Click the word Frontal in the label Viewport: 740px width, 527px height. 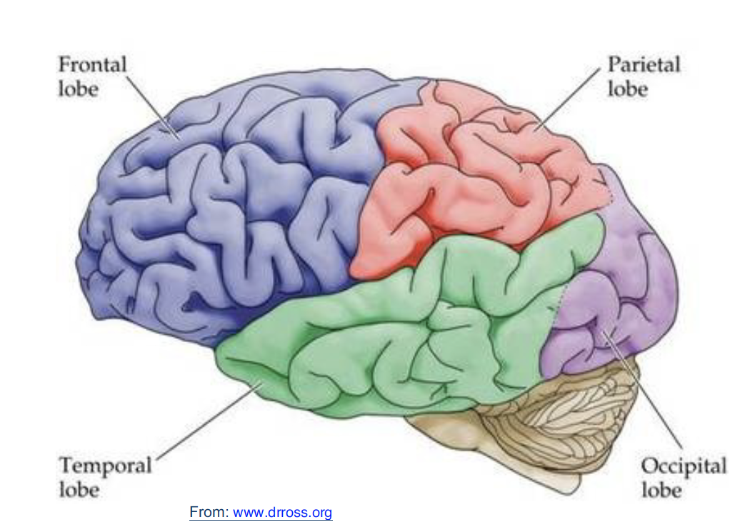click(91, 64)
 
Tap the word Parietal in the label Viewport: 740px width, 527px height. click(644, 64)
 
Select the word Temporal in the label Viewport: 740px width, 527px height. click(105, 466)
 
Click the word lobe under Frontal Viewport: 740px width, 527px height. click(78, 89)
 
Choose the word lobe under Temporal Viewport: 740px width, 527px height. click(79, 491)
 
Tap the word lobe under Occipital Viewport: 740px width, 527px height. click(661, 491)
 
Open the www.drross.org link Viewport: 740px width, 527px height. click(283, 512)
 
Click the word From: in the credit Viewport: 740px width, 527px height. click(209, 512)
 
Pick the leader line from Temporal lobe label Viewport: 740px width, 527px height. click(207, 421)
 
